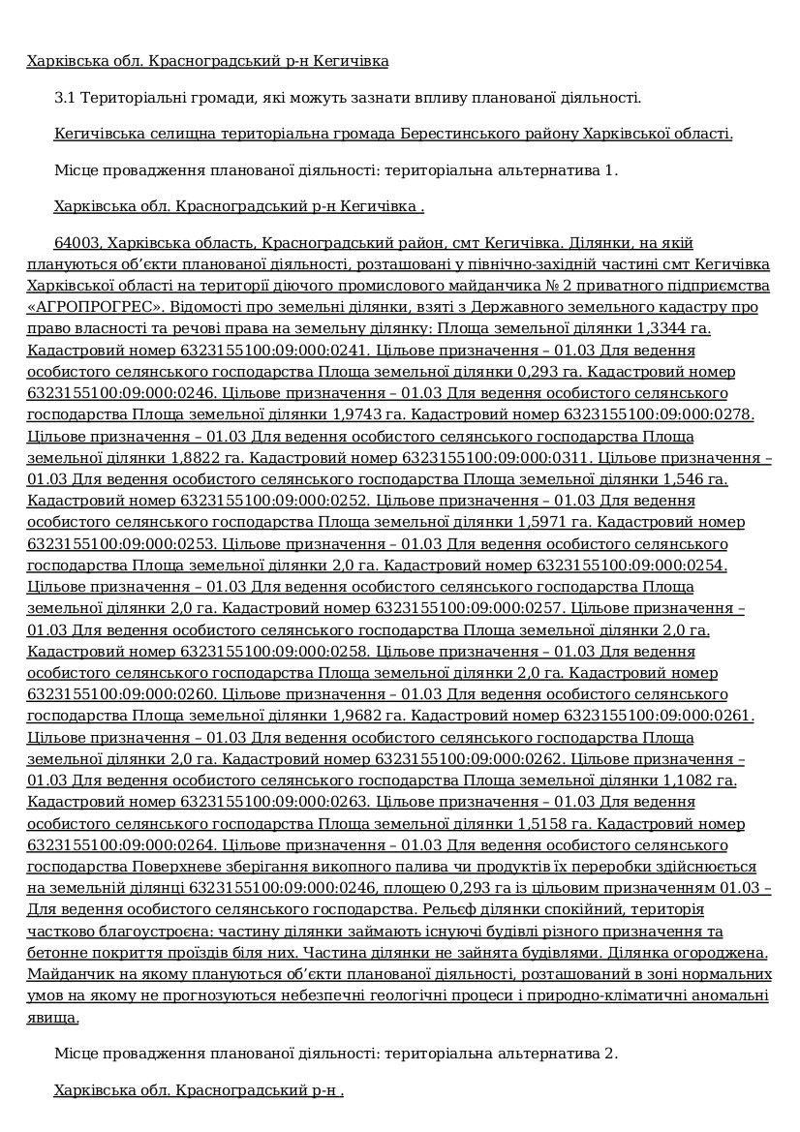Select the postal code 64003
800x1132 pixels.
tap(77, 242)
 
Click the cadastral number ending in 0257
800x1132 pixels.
tap(469, 608)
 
